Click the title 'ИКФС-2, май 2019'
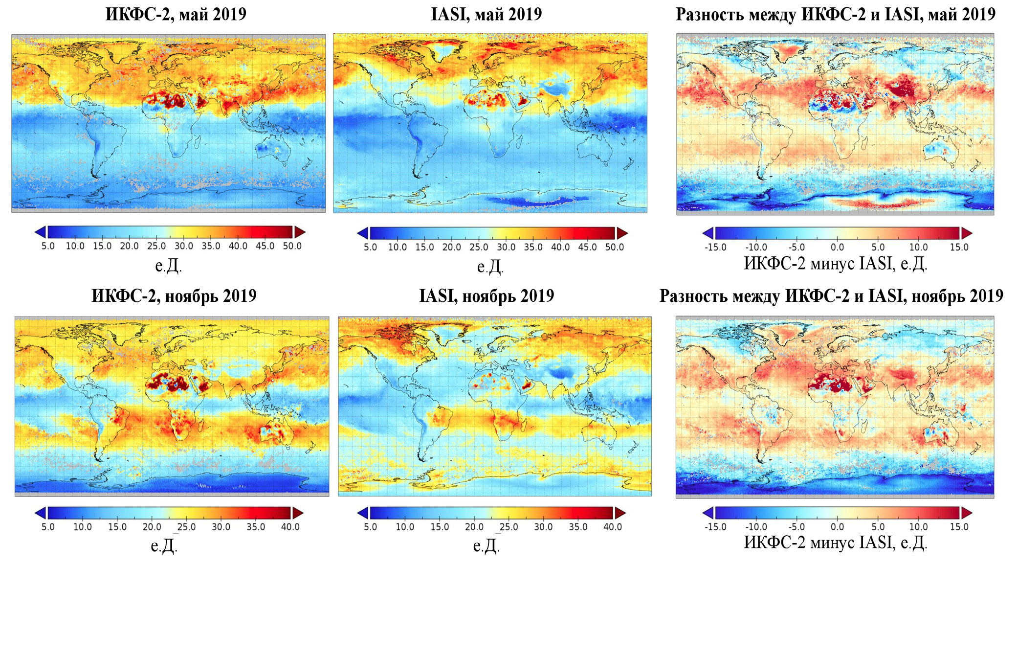176,14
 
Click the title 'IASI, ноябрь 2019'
487,296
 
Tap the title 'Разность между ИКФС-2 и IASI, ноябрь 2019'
831,296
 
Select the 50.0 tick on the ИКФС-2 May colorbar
292,246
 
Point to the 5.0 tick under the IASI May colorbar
370,247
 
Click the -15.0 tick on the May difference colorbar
715,247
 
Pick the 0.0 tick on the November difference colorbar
837,527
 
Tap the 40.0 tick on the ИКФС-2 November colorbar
290,527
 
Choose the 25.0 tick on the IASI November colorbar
509,527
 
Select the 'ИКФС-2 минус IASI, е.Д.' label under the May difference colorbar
835,264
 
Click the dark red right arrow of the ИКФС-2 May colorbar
300,232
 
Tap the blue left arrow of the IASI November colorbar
363,513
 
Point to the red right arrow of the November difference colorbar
967,513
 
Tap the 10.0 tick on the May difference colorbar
918,247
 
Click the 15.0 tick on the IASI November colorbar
440,527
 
